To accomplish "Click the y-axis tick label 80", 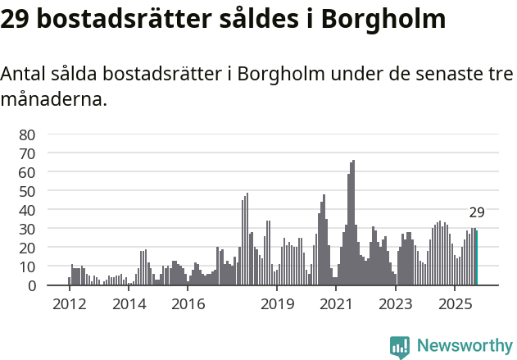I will pos(27,134).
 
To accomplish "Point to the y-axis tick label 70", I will pos(27,153).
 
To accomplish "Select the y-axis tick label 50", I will pos(27,191).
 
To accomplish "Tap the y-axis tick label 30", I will pos(27,229).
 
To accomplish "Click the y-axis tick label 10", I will pos(27,267).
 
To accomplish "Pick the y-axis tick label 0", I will pos(31,285).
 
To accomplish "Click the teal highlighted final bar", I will pos(476,258).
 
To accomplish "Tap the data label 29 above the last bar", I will pos(477,212).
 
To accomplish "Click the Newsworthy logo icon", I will pos(400,347).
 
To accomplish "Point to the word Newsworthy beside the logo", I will pos(465,347).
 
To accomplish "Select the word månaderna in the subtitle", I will pos(53,101).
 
